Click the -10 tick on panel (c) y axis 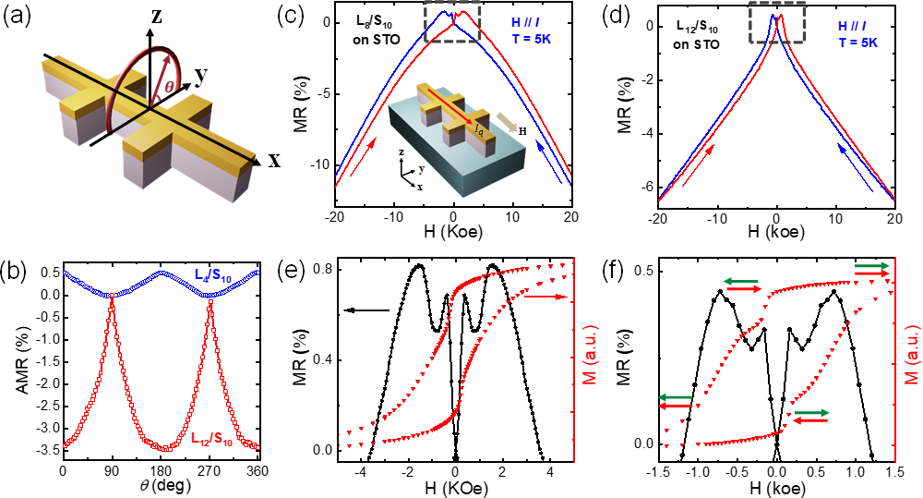pos(318,164)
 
